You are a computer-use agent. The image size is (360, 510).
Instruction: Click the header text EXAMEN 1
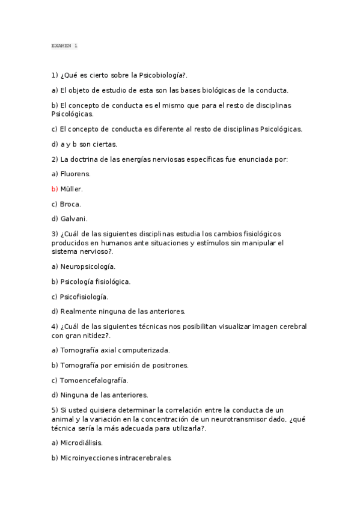tap(64, 46)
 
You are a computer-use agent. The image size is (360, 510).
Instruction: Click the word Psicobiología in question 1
tap(160, 75)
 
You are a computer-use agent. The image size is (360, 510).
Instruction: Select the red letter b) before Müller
tap(55, 189)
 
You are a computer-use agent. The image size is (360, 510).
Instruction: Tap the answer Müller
tap(72, 189)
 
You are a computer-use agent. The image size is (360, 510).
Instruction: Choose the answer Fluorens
tap(76, 174)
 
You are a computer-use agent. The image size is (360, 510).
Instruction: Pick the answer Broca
tap(70, 204)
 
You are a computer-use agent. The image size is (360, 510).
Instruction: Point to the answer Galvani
tap(74, 219)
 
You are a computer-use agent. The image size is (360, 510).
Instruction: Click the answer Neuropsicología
tap(88, 266)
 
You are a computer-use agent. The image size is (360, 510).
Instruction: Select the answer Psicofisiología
tap(84, 296)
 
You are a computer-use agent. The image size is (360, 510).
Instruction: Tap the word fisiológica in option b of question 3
tap(111, 281)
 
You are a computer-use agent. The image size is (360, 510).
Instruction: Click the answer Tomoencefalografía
tap(94, 380)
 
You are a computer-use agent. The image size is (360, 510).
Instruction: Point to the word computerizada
tap(142, 349)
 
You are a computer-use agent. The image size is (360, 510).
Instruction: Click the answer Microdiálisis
tap(82, 443)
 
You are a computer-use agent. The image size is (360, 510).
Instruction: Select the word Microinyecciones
tap(90, 458)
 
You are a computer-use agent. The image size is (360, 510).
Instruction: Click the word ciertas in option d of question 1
tap(105, 144)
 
